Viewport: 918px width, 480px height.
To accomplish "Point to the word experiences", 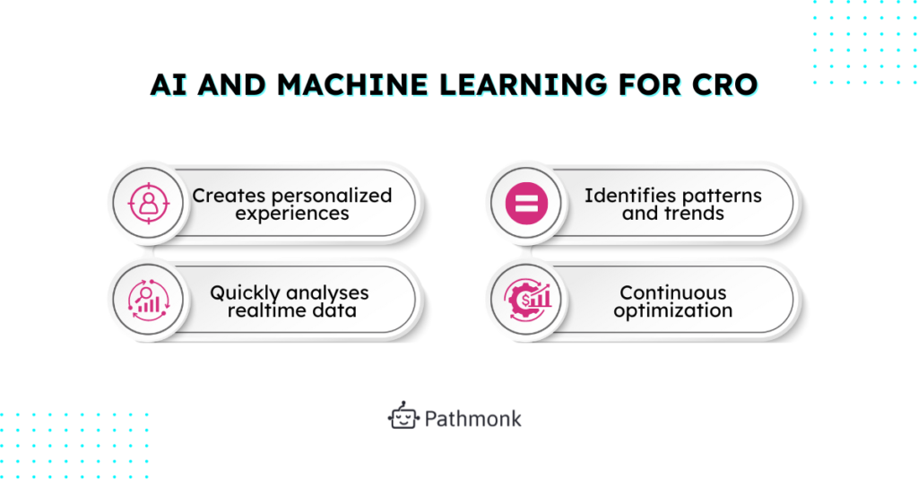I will [291, 214].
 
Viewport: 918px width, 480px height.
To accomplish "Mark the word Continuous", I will [672, 292].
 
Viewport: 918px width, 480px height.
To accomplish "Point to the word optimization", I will [672, 311].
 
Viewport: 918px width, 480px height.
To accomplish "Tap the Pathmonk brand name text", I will [472, 418].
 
